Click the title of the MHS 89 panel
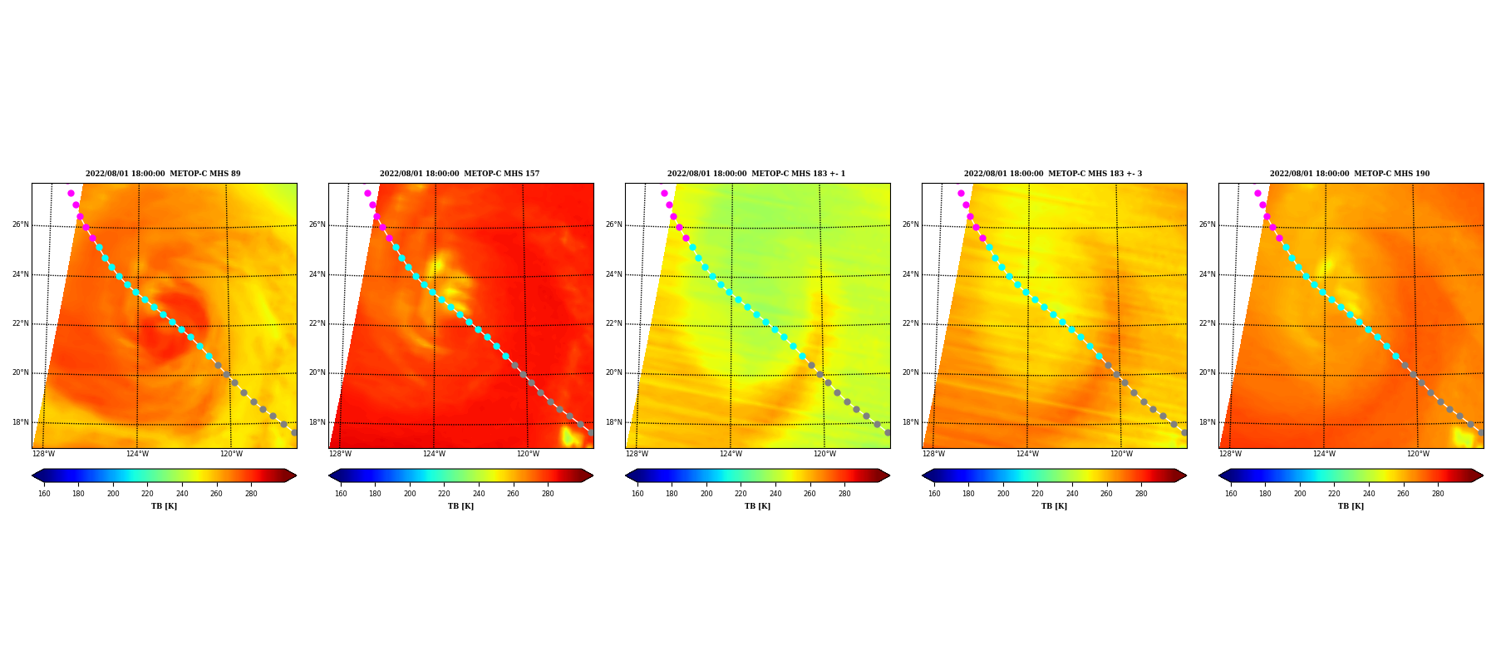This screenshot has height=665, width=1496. tap(163, 174)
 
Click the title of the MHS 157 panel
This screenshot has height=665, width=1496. tap(460, 174)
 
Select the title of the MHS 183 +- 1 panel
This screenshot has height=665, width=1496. tap(756, 174)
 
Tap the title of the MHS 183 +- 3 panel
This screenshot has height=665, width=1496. tap(1053, 174)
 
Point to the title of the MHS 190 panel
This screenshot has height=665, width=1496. tap(1350, 174)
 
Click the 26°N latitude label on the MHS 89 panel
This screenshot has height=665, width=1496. tap(21, 224)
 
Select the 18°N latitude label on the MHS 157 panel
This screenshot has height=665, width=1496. tap(317, 422)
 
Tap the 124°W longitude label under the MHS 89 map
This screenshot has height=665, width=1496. tap(137, 454)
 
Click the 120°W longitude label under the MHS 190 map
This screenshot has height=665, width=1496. tap(1418, 454)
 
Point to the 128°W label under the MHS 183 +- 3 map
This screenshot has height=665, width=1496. tap(933, 454)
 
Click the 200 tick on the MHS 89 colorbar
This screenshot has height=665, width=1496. tap(113, 494)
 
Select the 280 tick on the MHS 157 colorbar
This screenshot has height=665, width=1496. tap(548, 494)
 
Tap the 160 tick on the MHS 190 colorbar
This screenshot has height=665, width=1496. tap(1231, 494)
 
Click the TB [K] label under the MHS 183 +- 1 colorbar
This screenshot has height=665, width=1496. tap(757, 506)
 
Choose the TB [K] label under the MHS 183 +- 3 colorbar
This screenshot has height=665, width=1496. tap(1054, 506)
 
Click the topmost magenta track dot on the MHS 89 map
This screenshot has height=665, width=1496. tap(71, 193)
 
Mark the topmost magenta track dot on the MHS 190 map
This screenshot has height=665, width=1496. tap(1257, 193)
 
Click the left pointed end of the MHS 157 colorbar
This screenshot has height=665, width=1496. tap(329, 475)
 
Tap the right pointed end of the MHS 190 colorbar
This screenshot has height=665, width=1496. tap(1483, 475)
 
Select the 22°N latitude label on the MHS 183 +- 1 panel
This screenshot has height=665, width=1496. tap(614, 323)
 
